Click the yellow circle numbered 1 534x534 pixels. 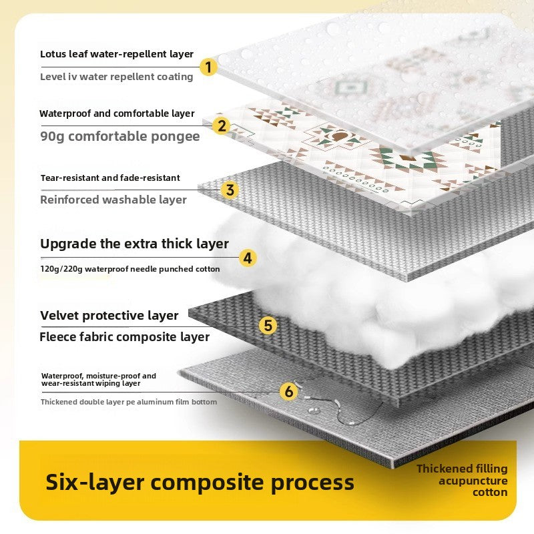point(209,67)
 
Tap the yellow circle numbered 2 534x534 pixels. point(222,125)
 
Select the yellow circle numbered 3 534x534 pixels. point(230,190)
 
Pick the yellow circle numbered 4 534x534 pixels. point(248,258)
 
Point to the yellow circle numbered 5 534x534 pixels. point(268,325)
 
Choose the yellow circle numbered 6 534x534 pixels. point(288,392)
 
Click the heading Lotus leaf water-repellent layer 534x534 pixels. point(117,54)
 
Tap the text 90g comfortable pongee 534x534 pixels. point(120,137)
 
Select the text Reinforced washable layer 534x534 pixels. point(113,200)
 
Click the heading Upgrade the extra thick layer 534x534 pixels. point(134,244)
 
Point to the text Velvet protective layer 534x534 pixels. point(109,315)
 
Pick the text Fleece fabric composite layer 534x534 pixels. point(125,337)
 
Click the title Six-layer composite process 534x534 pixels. point(200,482)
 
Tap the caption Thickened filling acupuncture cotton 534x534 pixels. point(462,481)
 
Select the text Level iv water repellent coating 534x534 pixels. point(117,77)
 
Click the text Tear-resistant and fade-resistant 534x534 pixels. point(110,178)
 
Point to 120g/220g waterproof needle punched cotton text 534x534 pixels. point(130,269)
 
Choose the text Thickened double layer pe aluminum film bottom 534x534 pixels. point(129,402)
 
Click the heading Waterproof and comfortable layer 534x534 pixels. point(117,113)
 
